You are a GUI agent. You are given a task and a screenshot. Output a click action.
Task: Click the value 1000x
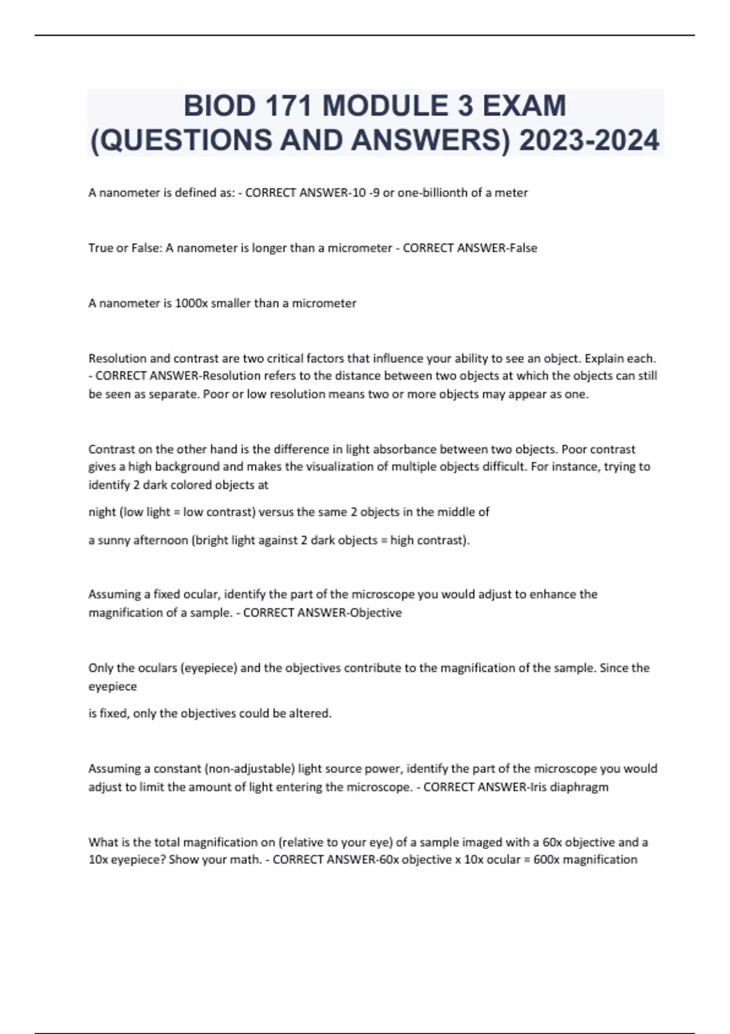click(191, 304)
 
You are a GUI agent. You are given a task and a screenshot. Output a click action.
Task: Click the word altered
click(311, 713)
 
